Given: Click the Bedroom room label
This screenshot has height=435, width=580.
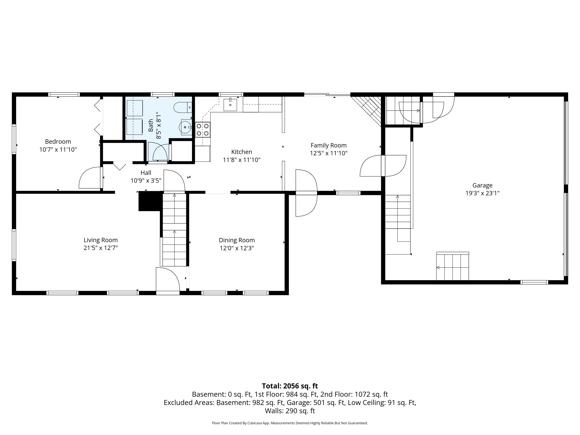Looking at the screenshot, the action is click(58, 142).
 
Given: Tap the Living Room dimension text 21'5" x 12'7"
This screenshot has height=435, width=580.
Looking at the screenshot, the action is click(101, 248).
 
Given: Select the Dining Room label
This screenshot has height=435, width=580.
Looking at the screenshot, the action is click(237, 240).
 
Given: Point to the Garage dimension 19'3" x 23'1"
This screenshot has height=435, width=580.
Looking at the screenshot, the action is click(482, 193).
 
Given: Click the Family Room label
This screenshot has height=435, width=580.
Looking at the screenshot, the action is click(328, 145).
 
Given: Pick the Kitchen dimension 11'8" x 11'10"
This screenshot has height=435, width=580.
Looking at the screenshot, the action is click(242, 160).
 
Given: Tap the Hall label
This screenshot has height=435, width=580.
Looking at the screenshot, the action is click(146, 172).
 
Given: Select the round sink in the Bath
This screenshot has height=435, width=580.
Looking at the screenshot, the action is click(185, 127).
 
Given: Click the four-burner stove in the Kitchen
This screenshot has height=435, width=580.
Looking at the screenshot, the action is click(203, 130).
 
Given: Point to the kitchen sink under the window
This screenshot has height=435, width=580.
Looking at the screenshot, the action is click(230, 105).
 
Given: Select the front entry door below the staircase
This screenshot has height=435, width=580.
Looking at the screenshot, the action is click(168, 279).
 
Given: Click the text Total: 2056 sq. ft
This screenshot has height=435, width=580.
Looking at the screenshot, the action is click(290, 386).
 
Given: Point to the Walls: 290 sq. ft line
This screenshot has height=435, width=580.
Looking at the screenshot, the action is click(290, 411).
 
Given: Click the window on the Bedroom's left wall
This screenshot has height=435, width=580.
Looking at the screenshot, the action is click(14, 139).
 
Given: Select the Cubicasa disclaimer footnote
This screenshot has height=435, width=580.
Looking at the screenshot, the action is click(290, 423).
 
